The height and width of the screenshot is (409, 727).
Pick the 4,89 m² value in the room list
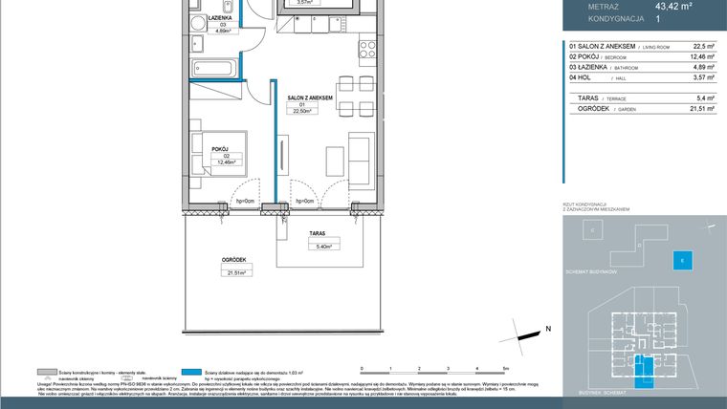coord(703,68)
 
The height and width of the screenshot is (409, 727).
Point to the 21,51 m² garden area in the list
coord(701,109)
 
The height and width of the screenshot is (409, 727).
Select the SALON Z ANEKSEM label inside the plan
coord(309,97)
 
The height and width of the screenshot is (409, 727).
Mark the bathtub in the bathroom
coord(211,69)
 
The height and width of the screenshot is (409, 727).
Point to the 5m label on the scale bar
coord(505,367)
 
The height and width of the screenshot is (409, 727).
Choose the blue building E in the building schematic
coord(680,259)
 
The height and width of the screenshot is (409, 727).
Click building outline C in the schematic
coord(592,230)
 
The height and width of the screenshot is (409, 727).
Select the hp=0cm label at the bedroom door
coord(245,201)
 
